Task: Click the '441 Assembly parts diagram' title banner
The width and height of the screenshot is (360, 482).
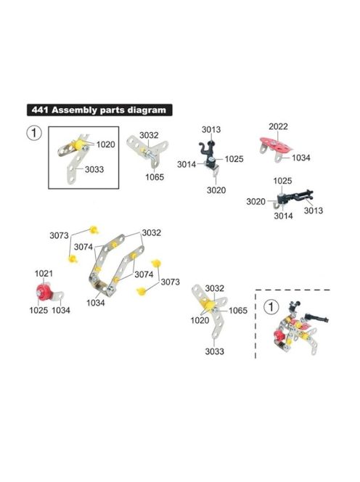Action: [x=99, y=110]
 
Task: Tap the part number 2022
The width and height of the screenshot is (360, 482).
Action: [x=278, y=126]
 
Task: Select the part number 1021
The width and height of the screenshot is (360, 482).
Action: [x=44, y=273]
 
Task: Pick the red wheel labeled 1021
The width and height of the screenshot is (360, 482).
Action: [x=42, y=292]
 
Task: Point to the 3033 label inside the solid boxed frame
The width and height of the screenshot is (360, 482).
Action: [x=94, y=169]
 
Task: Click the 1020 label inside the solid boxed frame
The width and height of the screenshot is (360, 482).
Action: [x=105, y=144]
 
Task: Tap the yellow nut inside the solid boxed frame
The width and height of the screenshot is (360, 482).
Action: [x=79, y=144]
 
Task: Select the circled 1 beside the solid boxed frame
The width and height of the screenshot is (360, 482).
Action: [x=34, y=134]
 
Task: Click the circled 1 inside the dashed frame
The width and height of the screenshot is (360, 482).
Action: [x=271, y=307]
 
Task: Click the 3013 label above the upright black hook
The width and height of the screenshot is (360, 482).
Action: [x=211, y=130]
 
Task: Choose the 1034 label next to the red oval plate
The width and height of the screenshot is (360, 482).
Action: [x=301, y=158]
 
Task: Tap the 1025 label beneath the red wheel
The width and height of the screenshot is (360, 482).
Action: [x=38, y=310]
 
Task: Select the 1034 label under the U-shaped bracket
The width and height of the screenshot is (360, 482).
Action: [x=96, y=303]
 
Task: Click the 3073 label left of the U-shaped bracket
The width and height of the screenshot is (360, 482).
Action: [x=59, y=235]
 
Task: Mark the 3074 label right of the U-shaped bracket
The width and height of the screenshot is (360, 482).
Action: [x=144, y=274]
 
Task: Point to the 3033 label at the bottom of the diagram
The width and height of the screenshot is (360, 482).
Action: [x=215, y=351]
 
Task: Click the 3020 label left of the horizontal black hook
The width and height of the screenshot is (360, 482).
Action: [x=255, y=202]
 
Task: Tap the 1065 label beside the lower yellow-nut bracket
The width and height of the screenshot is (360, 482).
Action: [x=238, y=311]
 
